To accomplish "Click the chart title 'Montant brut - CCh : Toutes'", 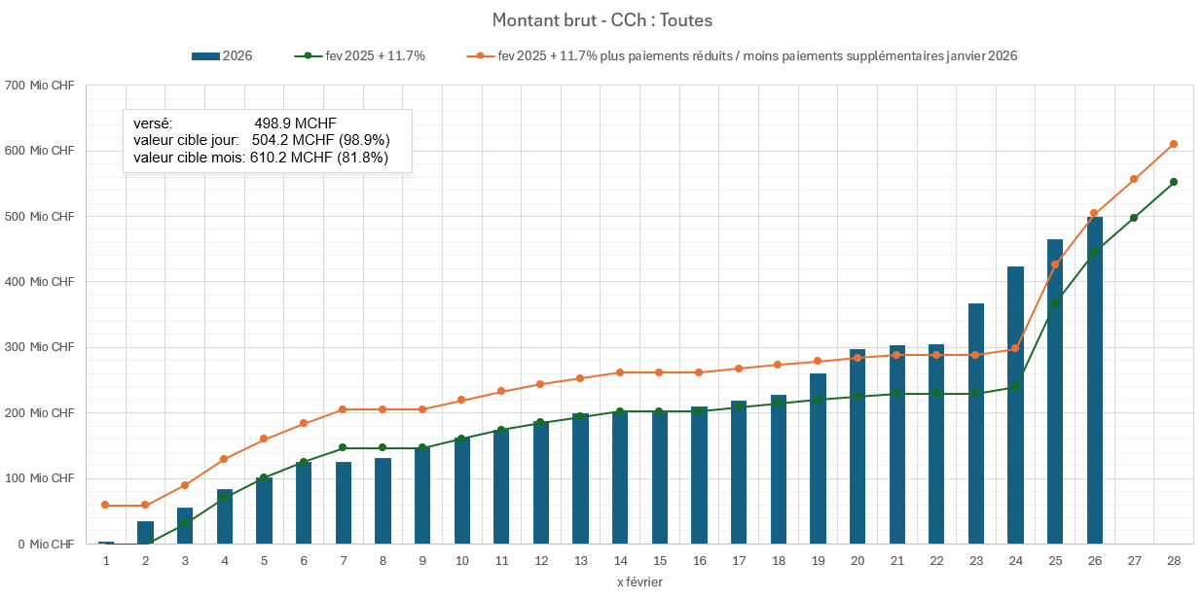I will [x=601, y=20].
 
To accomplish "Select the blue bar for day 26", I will [x=1094, y=379].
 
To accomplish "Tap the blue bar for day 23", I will [x=975, y=423].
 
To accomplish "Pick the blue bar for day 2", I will [x=145, y=533].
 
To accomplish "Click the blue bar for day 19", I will [x=818, y=458].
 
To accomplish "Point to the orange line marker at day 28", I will [x=1174, y=144].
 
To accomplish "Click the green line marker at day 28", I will [x=1174, y=182].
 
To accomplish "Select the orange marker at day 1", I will [x=106, y=505].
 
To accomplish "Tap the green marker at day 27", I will [x=1134, y=218].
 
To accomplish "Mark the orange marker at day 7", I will [x=344, y=409].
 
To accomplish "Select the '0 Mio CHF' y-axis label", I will [x=45, y=544].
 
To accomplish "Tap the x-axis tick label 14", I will [x=620, y=561].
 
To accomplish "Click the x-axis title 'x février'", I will [x=639, y=581].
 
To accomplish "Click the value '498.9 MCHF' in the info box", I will [x=296, y=123].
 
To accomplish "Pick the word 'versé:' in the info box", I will [x=153, y=123].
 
